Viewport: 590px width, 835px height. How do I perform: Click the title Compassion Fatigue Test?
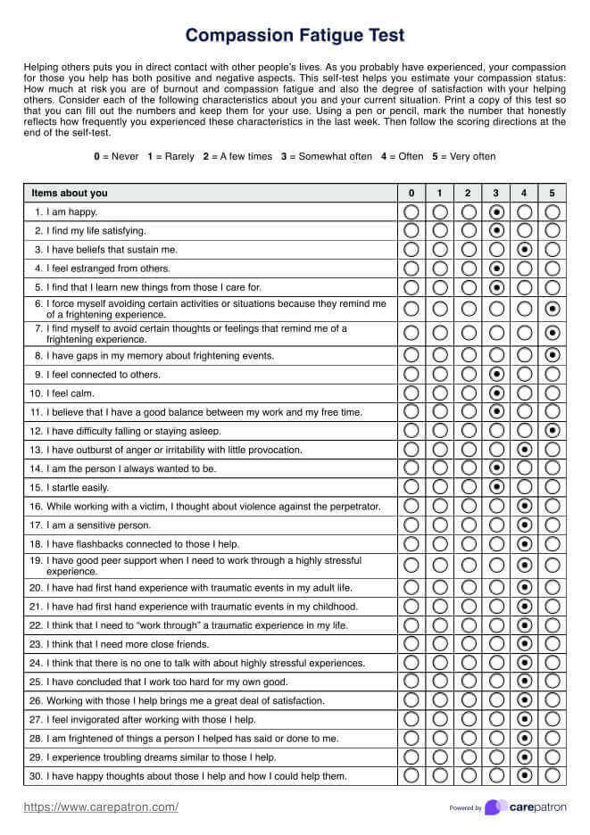point(295,36)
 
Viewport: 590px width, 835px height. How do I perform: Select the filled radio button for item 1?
point(496,212)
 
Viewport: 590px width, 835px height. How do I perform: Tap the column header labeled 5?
point(553,193)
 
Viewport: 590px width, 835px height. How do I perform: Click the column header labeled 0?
point(411,193)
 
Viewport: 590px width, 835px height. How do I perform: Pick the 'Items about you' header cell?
point(70,193)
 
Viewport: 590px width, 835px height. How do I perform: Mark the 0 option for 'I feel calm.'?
point(411,393)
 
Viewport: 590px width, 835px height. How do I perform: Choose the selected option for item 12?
point(553,431)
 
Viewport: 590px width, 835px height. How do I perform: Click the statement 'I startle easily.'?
point(78,488)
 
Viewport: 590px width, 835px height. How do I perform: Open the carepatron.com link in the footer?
point(100,807)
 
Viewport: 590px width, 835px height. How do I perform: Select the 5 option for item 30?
point(553,776)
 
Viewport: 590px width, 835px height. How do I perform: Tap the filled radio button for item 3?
point(525,250)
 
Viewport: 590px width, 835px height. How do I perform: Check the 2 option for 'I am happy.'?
point(468,212)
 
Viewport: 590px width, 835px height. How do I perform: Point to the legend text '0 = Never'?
point(116,156)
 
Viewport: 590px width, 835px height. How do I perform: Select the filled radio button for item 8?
point(553,356)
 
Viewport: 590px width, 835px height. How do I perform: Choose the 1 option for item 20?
point(440,588)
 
